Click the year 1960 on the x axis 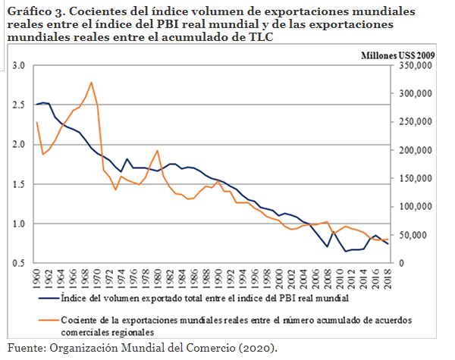36,277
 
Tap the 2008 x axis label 328,277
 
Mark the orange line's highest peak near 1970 91,82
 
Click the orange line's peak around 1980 157,150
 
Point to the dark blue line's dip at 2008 327,246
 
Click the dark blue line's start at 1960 36,105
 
